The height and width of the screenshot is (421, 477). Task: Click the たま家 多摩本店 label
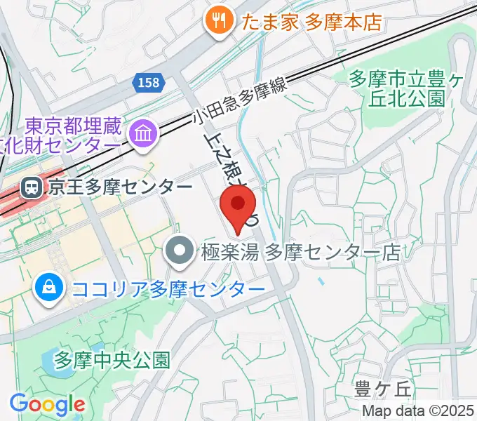(x=311, y=21)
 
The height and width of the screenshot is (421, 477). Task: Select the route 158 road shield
(x=147, y=83)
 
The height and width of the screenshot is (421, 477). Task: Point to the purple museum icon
(x=144, y=131)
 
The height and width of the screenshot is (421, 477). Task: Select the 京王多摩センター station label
(x=119, y=187)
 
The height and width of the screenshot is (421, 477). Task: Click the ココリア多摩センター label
(x=168, y=288)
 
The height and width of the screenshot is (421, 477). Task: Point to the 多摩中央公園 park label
(x=112, y=360)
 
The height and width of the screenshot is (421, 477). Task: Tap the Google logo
(x=47, y=403)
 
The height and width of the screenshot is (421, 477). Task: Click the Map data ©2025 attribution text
(x=417, y=410)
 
